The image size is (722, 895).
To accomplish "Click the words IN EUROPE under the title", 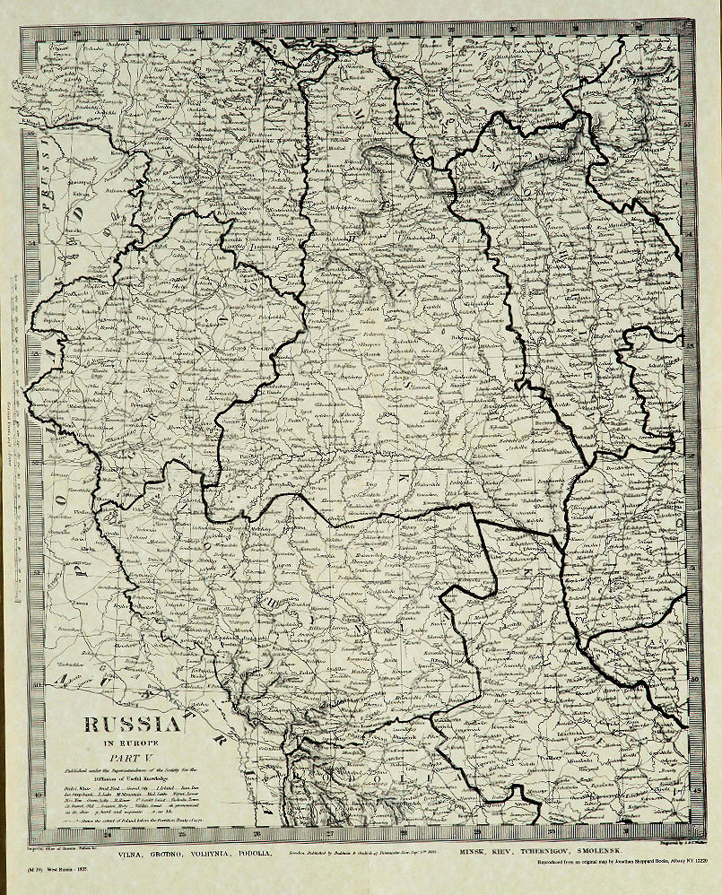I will pos(132,743).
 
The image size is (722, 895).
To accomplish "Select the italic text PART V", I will pos(132,757).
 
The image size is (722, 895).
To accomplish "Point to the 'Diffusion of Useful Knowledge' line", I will pos(132,778).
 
